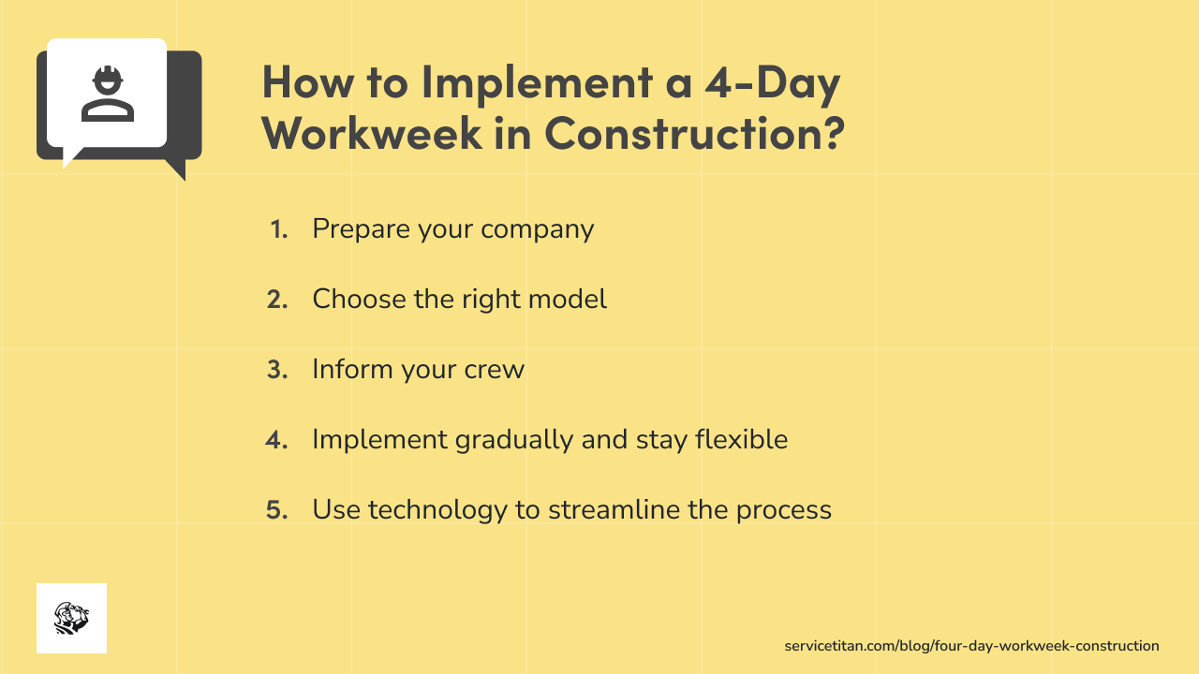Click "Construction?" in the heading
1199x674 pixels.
695,133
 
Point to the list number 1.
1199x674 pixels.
278,229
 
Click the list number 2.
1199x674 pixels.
277,300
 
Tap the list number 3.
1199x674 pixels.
277,370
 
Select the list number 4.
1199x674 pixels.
277,440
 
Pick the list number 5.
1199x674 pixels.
277,510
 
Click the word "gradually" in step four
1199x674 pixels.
514,440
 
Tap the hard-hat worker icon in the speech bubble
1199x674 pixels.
108,94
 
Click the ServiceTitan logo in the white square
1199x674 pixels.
71,618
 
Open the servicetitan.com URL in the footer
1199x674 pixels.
971,646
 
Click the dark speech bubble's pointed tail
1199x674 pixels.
176,168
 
